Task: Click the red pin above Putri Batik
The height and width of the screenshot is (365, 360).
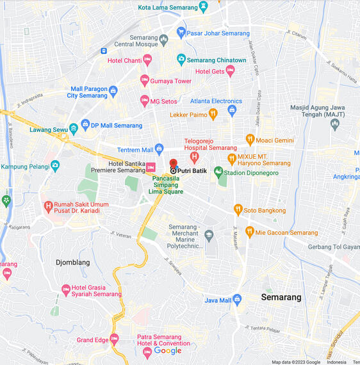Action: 173,164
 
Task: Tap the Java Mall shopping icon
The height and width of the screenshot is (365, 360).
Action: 237,299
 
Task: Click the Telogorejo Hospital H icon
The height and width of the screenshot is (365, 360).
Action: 194,156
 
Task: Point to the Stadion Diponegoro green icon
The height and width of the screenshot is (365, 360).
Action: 218,172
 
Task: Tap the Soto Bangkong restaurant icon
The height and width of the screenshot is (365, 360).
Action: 238,209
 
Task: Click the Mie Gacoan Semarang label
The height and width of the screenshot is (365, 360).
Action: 286,232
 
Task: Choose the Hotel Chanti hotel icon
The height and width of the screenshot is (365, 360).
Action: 147,60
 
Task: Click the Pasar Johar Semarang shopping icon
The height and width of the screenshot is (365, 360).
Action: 181,33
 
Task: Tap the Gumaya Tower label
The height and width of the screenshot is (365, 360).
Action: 171,81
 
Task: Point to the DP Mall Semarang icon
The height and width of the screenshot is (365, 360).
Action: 85,125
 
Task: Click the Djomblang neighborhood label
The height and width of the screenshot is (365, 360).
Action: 73,263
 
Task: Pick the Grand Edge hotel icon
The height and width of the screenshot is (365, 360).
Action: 115,339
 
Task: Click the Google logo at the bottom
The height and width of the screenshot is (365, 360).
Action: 168,350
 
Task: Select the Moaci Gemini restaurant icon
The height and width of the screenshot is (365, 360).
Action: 250,140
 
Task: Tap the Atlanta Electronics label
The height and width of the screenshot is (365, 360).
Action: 216,101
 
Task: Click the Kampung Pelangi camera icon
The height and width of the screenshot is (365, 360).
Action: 55,166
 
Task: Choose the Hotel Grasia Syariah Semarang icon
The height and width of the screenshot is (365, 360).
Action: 65,290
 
